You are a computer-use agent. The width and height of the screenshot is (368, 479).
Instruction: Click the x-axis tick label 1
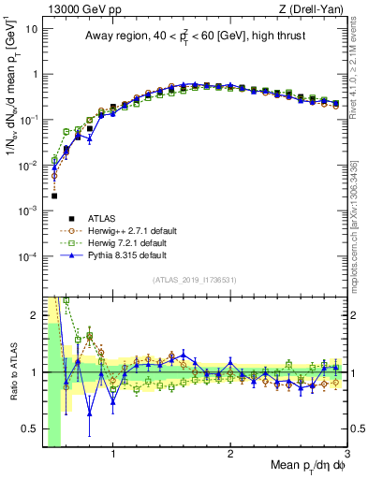113,456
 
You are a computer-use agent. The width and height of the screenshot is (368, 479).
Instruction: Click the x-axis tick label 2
230,456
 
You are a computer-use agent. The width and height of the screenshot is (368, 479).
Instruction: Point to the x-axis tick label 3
346,456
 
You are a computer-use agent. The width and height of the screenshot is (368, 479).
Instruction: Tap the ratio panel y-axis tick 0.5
30,430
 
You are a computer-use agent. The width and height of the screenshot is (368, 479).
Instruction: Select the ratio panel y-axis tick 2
35,315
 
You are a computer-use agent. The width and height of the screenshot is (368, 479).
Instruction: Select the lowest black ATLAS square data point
54,196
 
